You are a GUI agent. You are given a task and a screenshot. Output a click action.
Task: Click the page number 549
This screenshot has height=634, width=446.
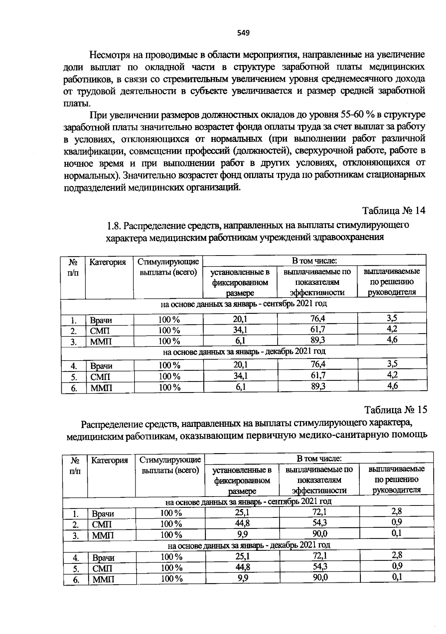[243, 33]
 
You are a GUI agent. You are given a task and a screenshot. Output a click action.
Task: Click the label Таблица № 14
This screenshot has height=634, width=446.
[394, 211]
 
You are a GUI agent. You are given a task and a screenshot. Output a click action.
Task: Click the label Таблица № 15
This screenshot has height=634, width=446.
[396, 410]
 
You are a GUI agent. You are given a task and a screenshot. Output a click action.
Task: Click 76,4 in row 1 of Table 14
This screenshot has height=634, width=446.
[317, 319]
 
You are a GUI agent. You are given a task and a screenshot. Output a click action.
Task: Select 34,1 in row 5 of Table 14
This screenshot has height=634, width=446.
[240, 376]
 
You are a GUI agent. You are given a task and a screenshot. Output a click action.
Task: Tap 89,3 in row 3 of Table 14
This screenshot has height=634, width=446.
[318, 340]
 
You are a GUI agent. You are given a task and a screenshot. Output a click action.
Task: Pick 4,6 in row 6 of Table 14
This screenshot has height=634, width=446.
[392, 386]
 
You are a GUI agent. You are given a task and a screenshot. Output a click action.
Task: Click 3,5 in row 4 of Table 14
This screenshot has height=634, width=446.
[392, 364]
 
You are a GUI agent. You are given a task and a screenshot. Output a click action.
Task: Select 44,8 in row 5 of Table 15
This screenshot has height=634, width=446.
[243, 567]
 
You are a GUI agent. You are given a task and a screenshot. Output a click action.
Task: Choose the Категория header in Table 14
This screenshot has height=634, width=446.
[108, 262]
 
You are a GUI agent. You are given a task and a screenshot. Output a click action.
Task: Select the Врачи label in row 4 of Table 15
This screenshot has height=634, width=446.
[103, 558]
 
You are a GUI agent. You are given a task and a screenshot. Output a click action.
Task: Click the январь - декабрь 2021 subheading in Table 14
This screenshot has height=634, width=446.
[244, 351]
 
